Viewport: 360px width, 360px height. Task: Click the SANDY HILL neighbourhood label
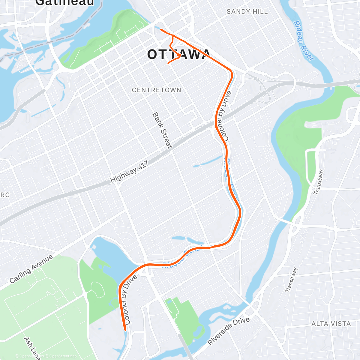click(247, 12)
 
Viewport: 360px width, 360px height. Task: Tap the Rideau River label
click(304, 40)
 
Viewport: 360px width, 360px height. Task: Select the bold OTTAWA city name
click(179, 55)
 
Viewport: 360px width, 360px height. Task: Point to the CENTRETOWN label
click(157, 90)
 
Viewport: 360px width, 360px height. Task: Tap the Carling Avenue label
click(31, 269)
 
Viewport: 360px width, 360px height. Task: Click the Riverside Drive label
click(229, 331)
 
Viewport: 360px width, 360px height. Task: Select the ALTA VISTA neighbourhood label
click(331, 324)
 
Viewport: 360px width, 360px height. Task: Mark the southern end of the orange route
click(125, 330)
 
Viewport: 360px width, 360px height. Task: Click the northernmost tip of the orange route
click(161, 29)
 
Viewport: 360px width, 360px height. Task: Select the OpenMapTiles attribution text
click(29, 356)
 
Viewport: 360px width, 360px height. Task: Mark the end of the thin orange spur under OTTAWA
click(168, 63)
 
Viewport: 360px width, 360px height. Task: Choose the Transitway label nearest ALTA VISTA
click(291, 280)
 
